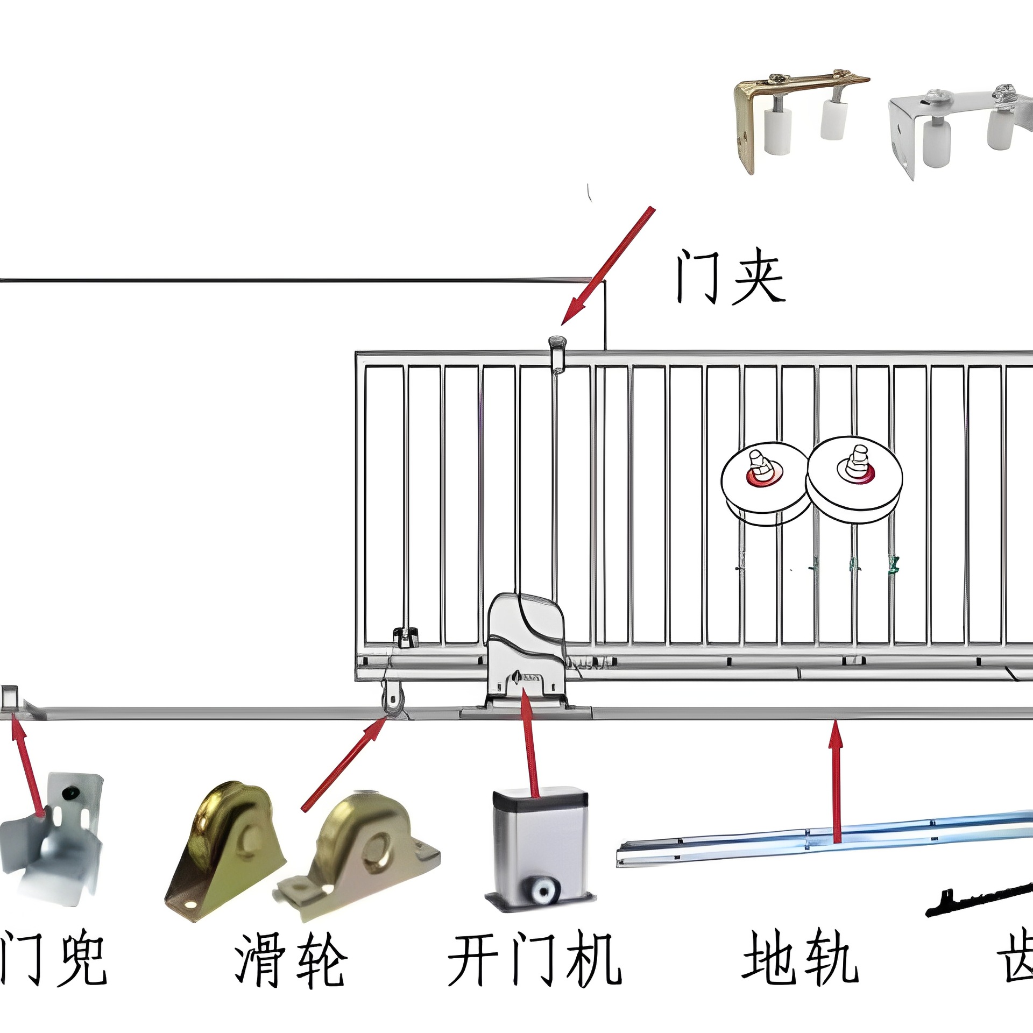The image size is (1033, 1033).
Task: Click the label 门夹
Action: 730,276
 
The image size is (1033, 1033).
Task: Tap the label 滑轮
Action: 291,960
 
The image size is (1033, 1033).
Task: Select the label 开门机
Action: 534,960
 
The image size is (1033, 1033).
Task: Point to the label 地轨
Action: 800,958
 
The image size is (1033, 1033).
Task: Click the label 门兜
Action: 54,958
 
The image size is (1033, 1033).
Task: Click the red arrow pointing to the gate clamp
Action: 608,266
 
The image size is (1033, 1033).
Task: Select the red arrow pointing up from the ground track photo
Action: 836,780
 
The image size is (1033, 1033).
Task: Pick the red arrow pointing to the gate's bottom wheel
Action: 344,764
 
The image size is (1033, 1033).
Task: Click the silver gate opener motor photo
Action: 541,850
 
